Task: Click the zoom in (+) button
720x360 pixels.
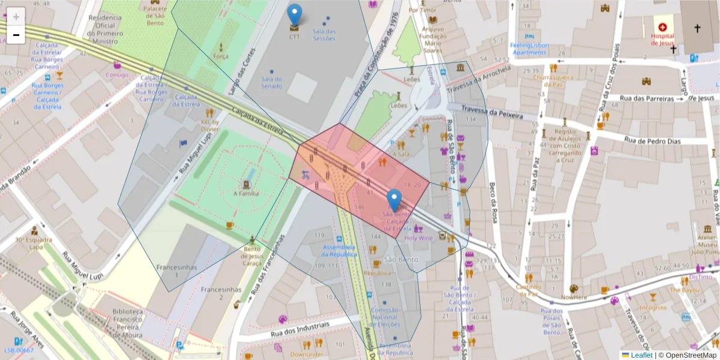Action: (x=16, y=16)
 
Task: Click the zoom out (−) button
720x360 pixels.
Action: (x=16, y=35)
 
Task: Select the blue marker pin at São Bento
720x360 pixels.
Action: (x=394, y=200)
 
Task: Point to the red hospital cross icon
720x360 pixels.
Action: (x=662, y=27)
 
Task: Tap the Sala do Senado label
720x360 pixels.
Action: (x=272, y=82)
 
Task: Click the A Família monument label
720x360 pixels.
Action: (x=245, y=193)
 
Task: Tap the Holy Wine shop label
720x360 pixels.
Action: (x=418, y=238)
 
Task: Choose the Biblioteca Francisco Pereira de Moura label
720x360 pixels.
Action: (x=127, y=324)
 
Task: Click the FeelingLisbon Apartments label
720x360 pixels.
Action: (x=529, y=49)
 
